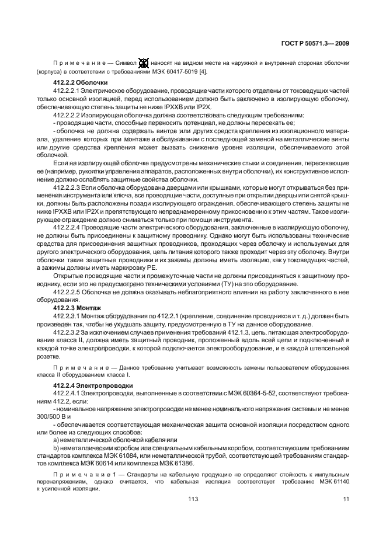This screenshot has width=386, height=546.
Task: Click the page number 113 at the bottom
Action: (x=193, y=498)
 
